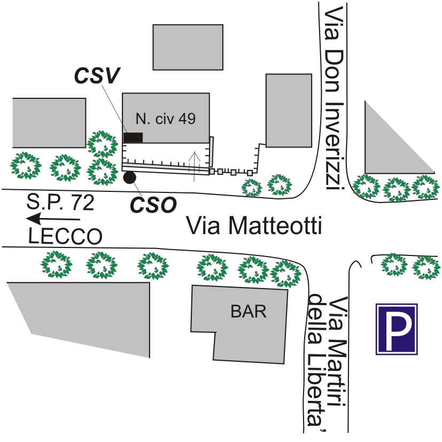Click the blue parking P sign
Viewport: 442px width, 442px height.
coord(396,329)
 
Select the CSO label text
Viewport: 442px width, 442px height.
coord(155,205)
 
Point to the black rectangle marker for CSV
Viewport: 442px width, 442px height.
coord(133,137)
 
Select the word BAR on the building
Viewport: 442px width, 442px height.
coord(248,312)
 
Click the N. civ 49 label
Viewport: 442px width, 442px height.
coord(165,119)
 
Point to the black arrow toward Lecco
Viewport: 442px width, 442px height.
coord(53,219)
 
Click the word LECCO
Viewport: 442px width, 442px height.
coord(65,236)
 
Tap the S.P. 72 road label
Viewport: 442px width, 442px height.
coord(60,203)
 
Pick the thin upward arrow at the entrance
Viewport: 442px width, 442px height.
coord(196,162)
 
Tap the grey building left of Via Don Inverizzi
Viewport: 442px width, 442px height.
coord(289,110)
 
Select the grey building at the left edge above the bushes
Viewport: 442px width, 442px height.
coord(49,122)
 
